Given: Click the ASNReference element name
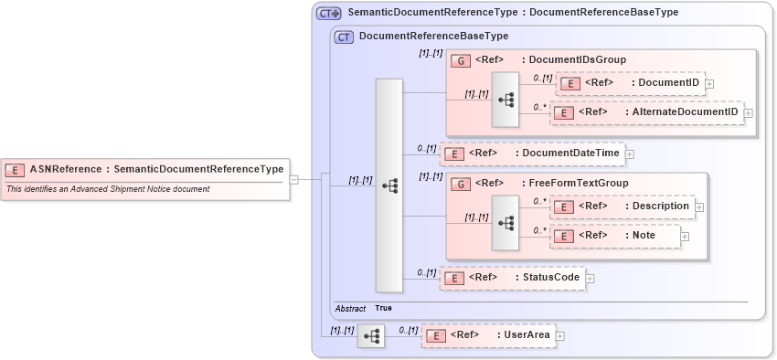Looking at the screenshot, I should click(x=156, y=169).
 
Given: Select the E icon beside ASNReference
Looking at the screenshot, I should click(x=15, y=169).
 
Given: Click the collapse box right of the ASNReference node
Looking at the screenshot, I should click(x=293, y=179).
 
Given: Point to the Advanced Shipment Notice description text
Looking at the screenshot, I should click(x=108, y=189).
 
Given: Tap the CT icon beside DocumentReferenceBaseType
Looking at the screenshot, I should click(x=345, y=37).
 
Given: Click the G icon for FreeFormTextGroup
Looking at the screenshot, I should click(x=461, y=184).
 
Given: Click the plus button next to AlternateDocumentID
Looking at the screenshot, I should click(x=749, y=112).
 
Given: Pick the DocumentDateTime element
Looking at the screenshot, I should click(x=532, y=154).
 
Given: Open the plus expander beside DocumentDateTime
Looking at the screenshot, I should click(x=630, y=154).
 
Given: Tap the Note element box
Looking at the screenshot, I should click(x=614, y=236).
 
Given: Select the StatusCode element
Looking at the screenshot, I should click(x=512, y=278).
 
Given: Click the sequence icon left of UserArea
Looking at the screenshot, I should click(x=371, y=336).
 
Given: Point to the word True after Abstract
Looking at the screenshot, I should click(x=383, y=309).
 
